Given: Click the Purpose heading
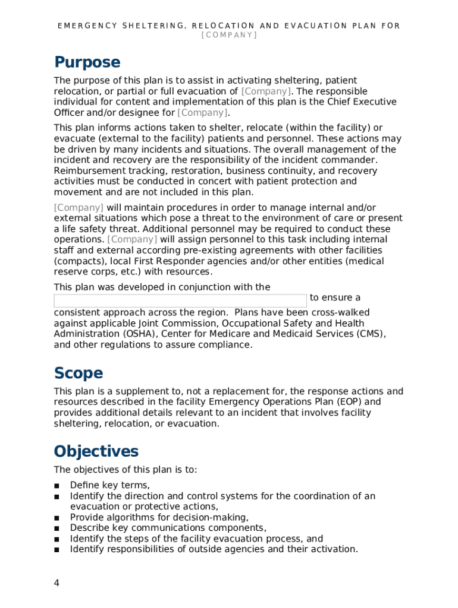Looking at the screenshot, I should tap(87, 62).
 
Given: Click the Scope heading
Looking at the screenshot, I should tap(78, 373).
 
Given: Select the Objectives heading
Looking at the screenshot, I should tap(96, 451).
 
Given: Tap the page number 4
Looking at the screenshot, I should tap(57, 582).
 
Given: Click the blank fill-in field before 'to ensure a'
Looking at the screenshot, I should tap(180, 300).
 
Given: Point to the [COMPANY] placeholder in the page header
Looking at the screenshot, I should tap(229, 36).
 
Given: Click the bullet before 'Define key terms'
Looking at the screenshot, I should tap(57, 486).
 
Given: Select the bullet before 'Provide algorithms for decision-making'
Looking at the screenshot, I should tap(57, 518).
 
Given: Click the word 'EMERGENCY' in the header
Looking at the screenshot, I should tap(87, 26).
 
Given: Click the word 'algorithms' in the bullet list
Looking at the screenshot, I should tap(131, 518).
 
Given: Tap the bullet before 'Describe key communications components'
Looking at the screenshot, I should tap(57, 528).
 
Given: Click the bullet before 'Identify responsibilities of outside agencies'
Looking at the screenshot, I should tap(57, 550).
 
